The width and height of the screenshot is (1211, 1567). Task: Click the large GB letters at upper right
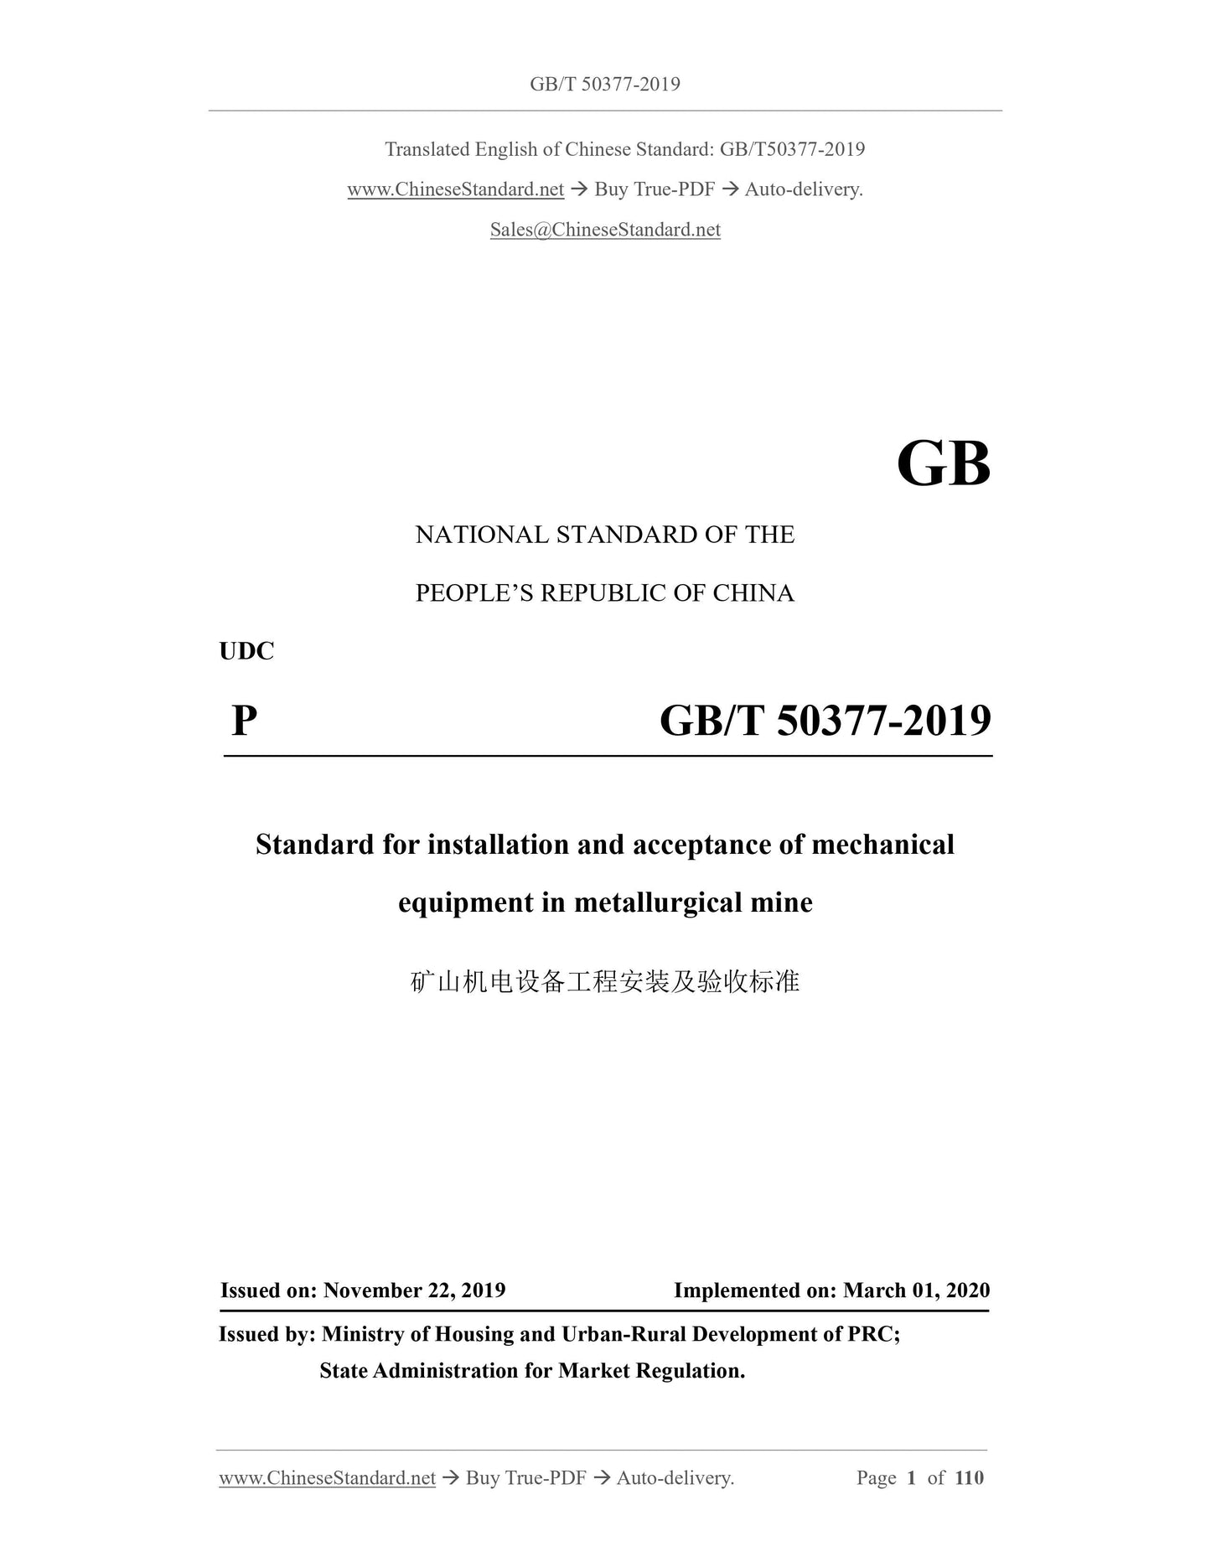pos(943,464)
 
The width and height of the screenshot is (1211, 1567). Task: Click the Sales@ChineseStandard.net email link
pos(605,230)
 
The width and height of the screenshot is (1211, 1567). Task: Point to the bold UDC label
pos(246,651)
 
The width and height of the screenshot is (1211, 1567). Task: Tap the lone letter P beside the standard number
pos(244,720)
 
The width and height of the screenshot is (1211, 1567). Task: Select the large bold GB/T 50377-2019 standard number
pos(825,720)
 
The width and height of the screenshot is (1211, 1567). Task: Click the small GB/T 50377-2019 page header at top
pos(605,84)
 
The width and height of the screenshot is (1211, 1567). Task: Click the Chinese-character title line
pos(605,981)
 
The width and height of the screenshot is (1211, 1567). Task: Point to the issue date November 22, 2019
pos(414,1290)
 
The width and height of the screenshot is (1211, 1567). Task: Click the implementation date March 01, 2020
pos(916,1290)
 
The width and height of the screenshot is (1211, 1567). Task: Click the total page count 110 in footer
pos(969,1477)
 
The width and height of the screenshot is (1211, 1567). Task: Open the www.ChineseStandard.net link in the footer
pos(327,1477)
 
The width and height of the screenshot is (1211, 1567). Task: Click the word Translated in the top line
pos(427,149)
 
